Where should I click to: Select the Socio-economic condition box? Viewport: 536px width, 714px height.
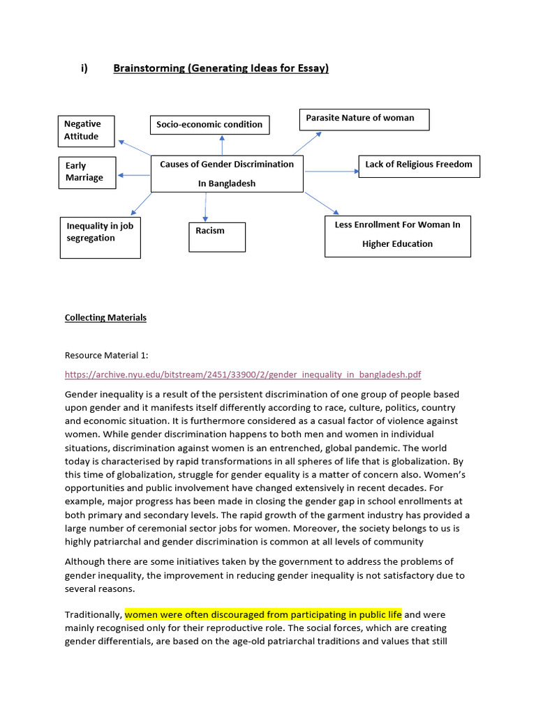click(209, 125)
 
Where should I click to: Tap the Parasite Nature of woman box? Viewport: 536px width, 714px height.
click(364, 119)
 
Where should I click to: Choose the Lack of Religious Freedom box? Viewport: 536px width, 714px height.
click(419, 165)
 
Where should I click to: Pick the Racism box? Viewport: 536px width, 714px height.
click(217, 236)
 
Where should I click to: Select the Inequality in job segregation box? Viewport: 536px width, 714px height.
click(100, 237)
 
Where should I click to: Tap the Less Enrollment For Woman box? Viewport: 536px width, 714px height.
click(397, 236)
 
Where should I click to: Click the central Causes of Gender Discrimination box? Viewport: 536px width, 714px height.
click(227, 174)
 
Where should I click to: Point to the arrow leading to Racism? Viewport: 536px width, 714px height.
click(206, 207)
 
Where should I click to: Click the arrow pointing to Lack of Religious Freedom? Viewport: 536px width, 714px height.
click(331, 171)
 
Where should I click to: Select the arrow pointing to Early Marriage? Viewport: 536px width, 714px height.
click(133, 174)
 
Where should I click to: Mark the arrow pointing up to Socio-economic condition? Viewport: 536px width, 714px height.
click(222, 145)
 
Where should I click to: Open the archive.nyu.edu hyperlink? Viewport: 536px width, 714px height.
click(243, 374)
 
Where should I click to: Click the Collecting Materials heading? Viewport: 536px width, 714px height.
click(105, 318)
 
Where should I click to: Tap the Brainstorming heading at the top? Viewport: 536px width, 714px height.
click(221, 68)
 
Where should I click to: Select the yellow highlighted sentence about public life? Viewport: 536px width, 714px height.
click(263, 614)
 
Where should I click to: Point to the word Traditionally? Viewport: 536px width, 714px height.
click(93, 614)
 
